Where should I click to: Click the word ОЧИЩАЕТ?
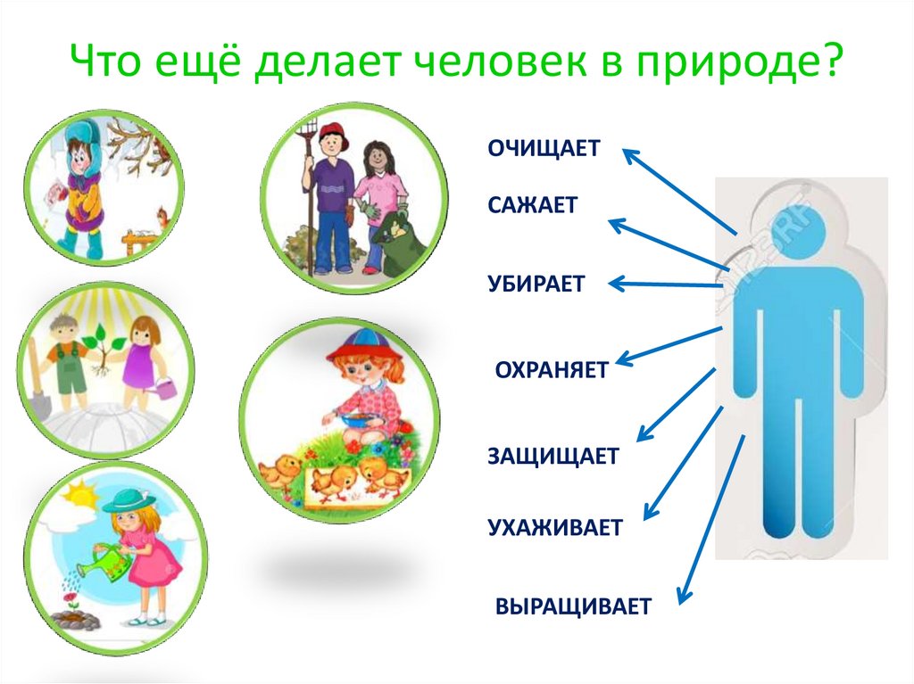[x=544, y=148]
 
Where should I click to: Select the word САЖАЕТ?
[x=532, y=204]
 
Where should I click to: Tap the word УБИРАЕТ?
[x=536, y=284]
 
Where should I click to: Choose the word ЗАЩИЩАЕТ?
[x=553, y=456]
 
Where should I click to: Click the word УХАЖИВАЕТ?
[x=554, y=527]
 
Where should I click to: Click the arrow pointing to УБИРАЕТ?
[x=666, y=284]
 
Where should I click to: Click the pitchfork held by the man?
[x=309, y=178]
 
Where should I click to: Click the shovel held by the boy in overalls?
[x=37, y=392]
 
